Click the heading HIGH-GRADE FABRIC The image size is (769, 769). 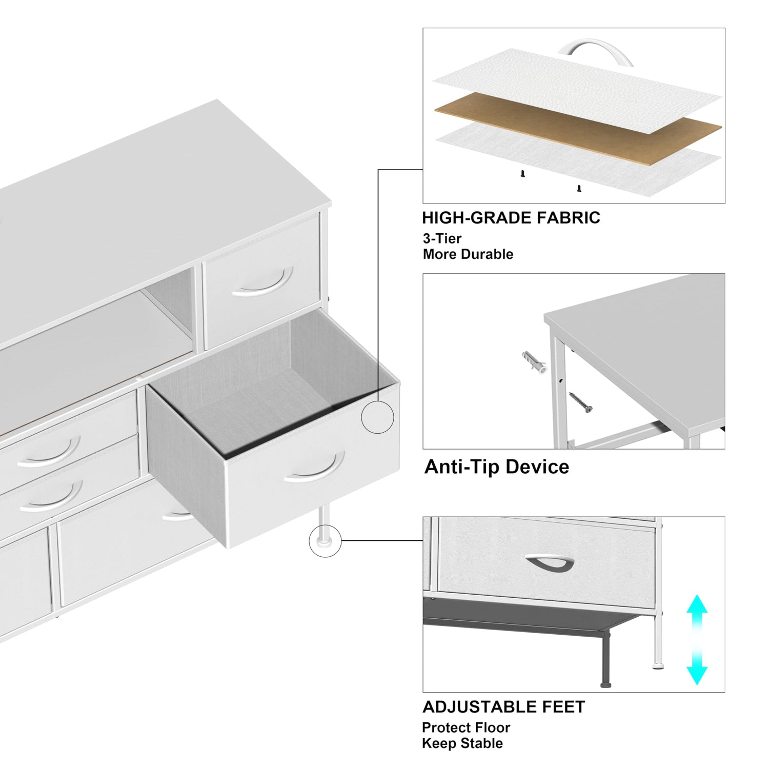pyautogui.click(x=511, y=218)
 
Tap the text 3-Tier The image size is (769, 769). pyautogui.click(x=442, y=238)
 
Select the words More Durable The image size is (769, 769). pyautogui.click(x=468, y=254)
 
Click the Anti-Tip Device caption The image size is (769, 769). pyautogui.click(x=496, y=467)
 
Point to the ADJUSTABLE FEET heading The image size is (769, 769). pyautogui.click(x=503, y=707)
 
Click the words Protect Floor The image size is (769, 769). pyautogui.click(x=466, y=727)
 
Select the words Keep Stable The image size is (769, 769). pyautogui.click(x=462, y=743)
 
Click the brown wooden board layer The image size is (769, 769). pyautogui.click(x=578, y=128)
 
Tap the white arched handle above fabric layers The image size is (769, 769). pyautogui.click(x=595, y=51)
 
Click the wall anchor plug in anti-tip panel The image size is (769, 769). pyautogui.click(x=534, y=361)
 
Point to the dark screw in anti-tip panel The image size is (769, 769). pyautogui.click(x=580, y=402)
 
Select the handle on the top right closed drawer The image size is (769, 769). pyautogui.click(x=262, y=284)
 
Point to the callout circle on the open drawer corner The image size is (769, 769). pyautogui.click(x=378, y=417)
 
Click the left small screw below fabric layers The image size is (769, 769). pyautogui.click(x=522, y=174)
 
